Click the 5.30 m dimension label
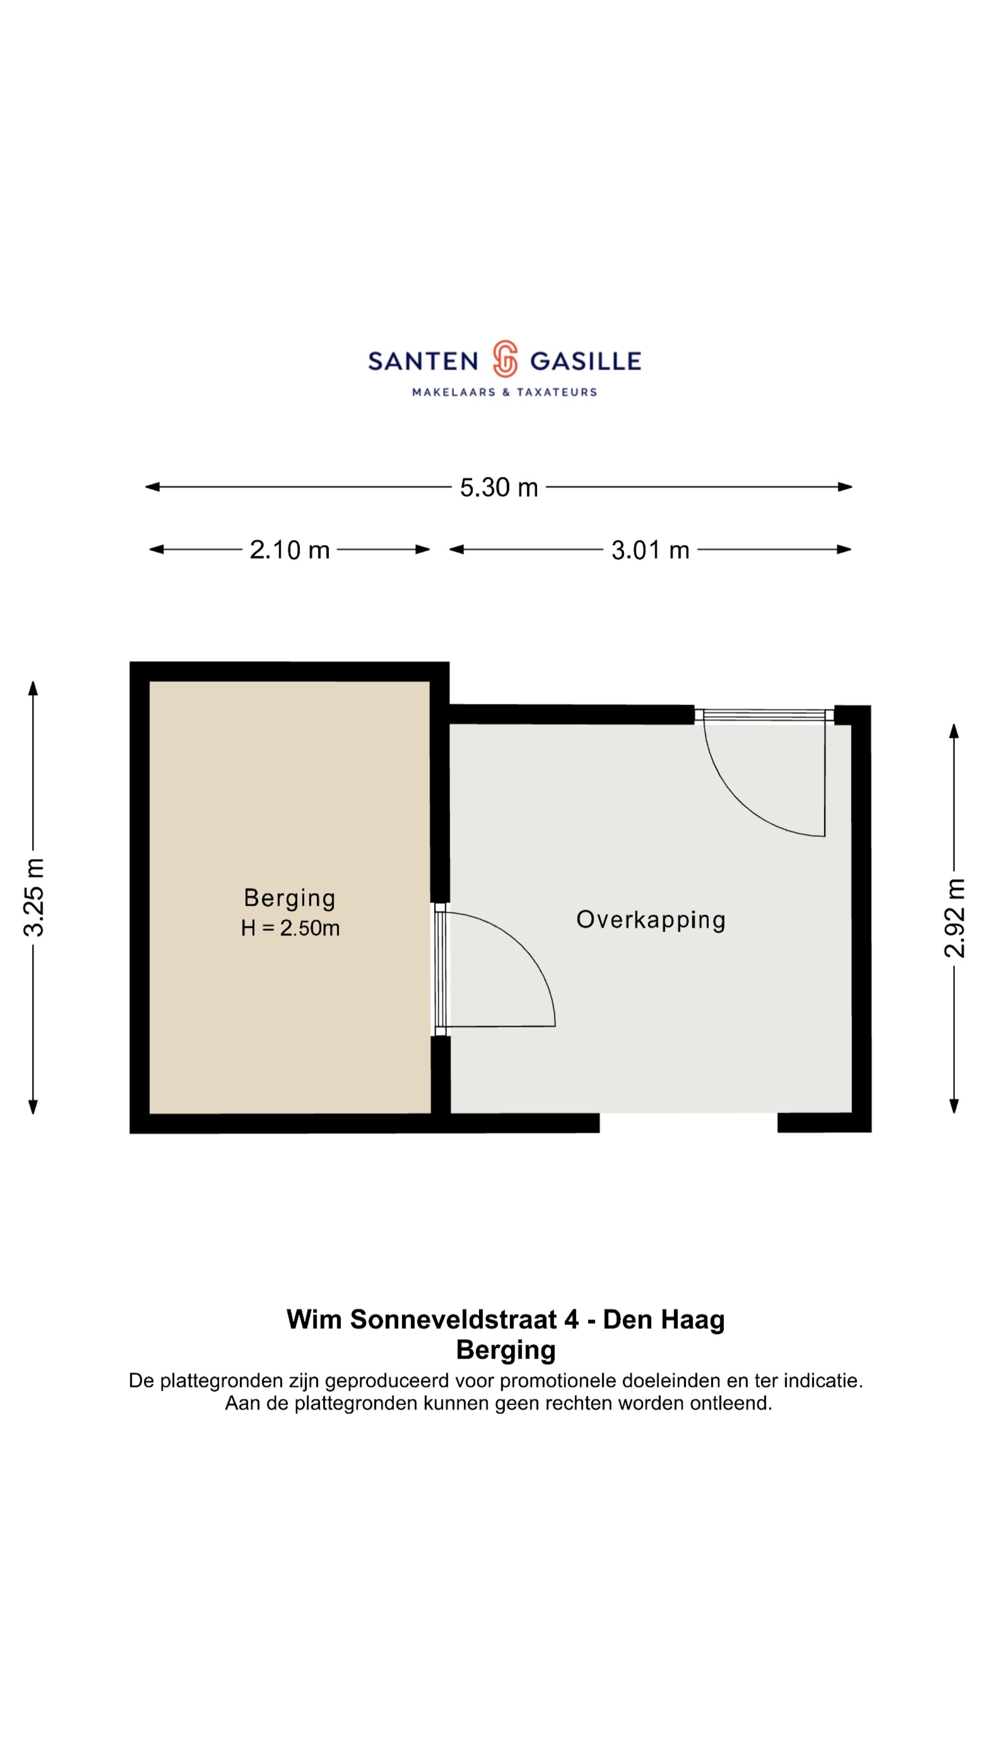(499, 487)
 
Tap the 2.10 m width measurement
(290, 550)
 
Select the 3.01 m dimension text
(651, 550)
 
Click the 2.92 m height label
(954, 918)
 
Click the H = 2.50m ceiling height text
(290, 928)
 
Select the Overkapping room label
(651, 920)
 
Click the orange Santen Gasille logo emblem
(505, 359)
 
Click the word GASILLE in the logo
(585, 361)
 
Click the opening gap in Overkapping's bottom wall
(689, 1124)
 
